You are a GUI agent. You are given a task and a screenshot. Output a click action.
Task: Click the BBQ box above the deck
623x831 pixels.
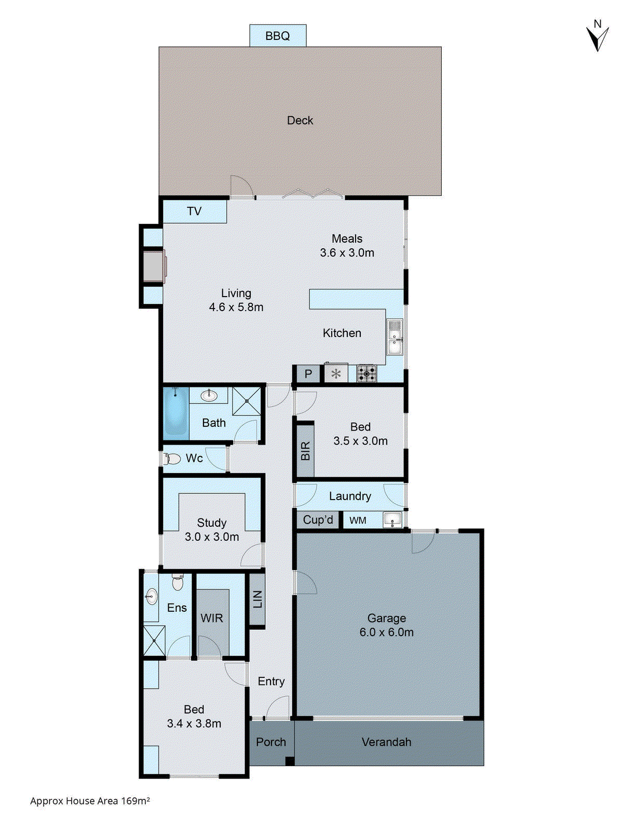click(278, 36)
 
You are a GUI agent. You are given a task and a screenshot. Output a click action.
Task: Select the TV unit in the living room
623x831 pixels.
click(195, 211)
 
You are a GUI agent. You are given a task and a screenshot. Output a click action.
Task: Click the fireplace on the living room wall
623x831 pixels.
click(154, 266)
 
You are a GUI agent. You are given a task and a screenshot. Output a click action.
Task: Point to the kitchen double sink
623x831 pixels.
click(395, 337)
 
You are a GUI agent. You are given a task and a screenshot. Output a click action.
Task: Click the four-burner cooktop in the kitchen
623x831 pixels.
click(367, 373)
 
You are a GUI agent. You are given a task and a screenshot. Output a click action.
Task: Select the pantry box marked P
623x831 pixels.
click(308, 373)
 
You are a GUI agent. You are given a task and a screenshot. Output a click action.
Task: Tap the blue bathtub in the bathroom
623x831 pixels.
click(175, 413)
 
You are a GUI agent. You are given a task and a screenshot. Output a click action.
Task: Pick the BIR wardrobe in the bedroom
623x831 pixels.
click(305, 450)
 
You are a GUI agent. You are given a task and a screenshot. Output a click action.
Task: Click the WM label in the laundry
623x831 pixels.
click(358, 520)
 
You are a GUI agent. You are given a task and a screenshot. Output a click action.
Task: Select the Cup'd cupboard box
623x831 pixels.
click(318, 520)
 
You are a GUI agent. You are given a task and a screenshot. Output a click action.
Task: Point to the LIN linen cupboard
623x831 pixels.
click(258, 599)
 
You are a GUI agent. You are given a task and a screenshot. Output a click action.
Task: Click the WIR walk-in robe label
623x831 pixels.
click(212, 618)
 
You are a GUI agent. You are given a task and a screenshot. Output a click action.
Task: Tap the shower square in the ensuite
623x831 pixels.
click(154, 641)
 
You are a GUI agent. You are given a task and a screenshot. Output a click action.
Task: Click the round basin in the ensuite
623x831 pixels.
click(151, 596)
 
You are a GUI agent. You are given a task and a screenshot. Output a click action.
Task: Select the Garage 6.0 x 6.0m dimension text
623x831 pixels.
click(386, 632)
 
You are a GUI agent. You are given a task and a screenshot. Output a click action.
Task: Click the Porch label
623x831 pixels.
click(271, 742)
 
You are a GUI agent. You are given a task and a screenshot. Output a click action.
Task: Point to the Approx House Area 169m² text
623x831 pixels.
click(90, 801)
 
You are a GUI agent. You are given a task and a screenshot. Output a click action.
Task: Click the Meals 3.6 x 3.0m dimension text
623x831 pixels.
click(347, 252)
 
